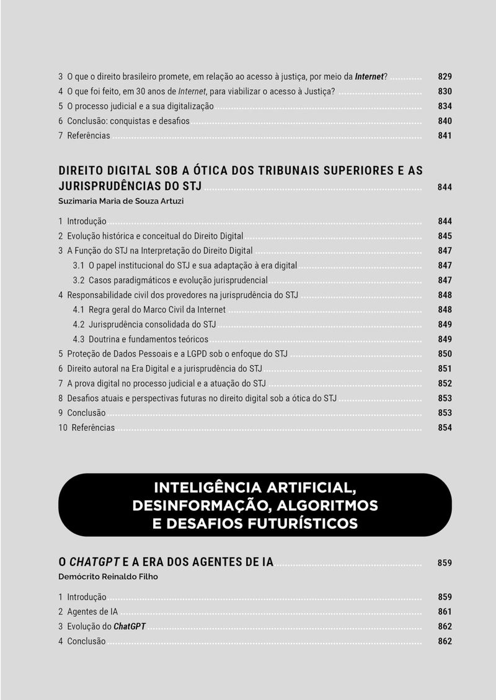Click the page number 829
tap(445, 77)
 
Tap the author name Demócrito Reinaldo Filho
tap(108, 577)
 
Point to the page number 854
tap(445, 428)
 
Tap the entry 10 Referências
tap(87, 428)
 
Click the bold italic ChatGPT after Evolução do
tap(130, 627)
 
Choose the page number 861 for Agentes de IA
tap(445, 612)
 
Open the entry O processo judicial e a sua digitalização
tap(140, 106)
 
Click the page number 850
tap(445, 354)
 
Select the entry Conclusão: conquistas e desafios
tap(128, 121)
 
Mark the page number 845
tap(445, 236)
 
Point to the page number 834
tap(445, 106)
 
